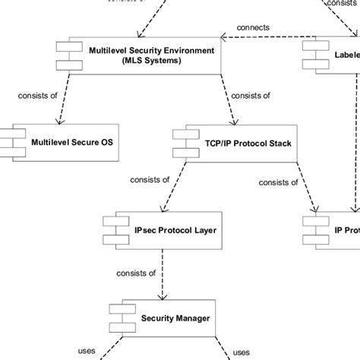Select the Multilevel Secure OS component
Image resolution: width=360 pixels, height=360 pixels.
click(x=65, y=141)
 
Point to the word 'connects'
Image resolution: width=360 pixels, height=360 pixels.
click(x=253, y=27)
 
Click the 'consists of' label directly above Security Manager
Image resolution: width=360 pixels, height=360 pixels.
click(x=136, y=273)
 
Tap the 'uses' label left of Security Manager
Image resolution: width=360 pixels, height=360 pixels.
click(x=87, y=351)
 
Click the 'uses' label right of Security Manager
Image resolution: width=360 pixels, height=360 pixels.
click(x=242, y=352)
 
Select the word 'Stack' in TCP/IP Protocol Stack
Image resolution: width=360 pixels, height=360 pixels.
click(x=276, y=142)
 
